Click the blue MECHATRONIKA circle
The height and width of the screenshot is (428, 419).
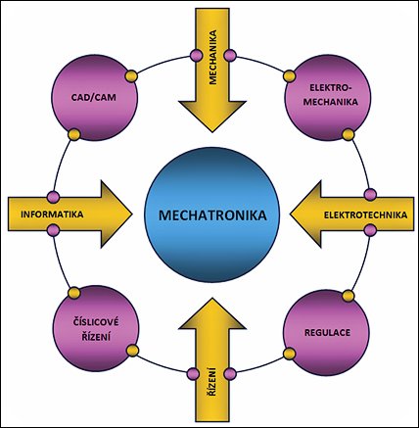click(x=212, y=214)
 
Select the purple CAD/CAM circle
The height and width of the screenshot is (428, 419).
click(x=95, y=98)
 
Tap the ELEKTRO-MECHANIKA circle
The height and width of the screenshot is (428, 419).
click(x=328, y=98)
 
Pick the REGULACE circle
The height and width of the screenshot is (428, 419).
click(x=326, y=333)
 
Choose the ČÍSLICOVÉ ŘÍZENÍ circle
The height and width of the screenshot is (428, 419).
click(x=96, y=329)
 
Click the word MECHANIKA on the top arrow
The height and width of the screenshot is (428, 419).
click(x=212, y=58)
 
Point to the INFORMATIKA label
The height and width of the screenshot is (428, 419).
click(x=52, y=214)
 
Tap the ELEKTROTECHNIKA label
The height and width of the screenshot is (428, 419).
click(x=365, y=214)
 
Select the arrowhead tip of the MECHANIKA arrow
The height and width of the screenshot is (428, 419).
click(x=212, y=132)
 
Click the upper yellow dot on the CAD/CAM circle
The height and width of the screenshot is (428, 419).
click(x=131, y=76)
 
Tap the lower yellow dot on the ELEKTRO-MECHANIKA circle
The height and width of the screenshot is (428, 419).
click(x=349, y=135)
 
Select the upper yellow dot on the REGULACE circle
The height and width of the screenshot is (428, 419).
click(x=349, y=296)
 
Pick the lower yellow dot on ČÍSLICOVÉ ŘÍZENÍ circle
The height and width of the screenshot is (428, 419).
click(x=132, y=351)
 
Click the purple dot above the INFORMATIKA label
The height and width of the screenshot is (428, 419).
click(x=53, y=197)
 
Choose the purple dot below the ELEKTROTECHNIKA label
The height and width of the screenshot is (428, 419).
click(x=370, y=230)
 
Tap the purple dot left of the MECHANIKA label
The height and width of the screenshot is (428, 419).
click(x=196, y=54)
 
